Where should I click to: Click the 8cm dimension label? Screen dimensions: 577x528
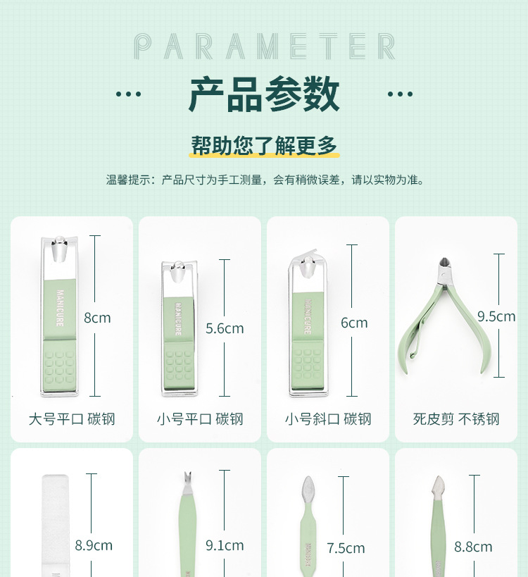97,318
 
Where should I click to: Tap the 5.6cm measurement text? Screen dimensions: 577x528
225,328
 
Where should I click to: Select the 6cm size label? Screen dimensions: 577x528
354,323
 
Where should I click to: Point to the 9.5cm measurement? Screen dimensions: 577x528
496,316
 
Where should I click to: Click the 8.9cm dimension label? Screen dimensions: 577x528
94,545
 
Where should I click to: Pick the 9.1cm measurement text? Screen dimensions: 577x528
225,545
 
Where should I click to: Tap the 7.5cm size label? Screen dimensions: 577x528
346,548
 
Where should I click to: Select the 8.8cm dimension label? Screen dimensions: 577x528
473,547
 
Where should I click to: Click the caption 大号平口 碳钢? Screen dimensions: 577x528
71,419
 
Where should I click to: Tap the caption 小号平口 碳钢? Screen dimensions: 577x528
199,419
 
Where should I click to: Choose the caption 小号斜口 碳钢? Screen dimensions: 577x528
327,419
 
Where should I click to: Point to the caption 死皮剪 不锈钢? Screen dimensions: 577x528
455,419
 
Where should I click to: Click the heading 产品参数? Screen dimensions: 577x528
264,94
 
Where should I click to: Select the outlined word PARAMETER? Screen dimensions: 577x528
264,46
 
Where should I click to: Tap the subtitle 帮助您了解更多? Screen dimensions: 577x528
264,145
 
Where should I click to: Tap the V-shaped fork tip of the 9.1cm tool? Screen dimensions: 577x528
188,478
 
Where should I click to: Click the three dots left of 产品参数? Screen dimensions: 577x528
128,94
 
